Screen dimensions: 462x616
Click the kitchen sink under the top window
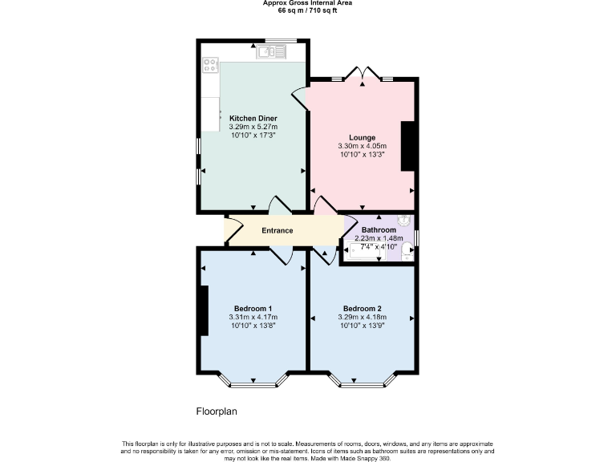[272, 52]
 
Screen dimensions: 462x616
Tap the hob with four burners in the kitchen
[212, 65]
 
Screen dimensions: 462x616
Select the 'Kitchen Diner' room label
[253, 118]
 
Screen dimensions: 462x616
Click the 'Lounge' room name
[362, 137]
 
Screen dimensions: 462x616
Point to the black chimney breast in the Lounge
[407, 146]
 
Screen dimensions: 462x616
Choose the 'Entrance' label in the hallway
[278, 231]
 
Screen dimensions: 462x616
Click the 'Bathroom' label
[379, 229]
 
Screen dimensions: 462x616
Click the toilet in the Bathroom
[407, 249]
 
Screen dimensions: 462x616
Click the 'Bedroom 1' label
[253, 309]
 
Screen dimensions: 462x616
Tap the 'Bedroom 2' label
[362, 309]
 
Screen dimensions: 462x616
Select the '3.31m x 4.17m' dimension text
[253, 318]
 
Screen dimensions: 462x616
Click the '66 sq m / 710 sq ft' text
[308, 11]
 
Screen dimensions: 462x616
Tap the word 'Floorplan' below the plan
[217, 411]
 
